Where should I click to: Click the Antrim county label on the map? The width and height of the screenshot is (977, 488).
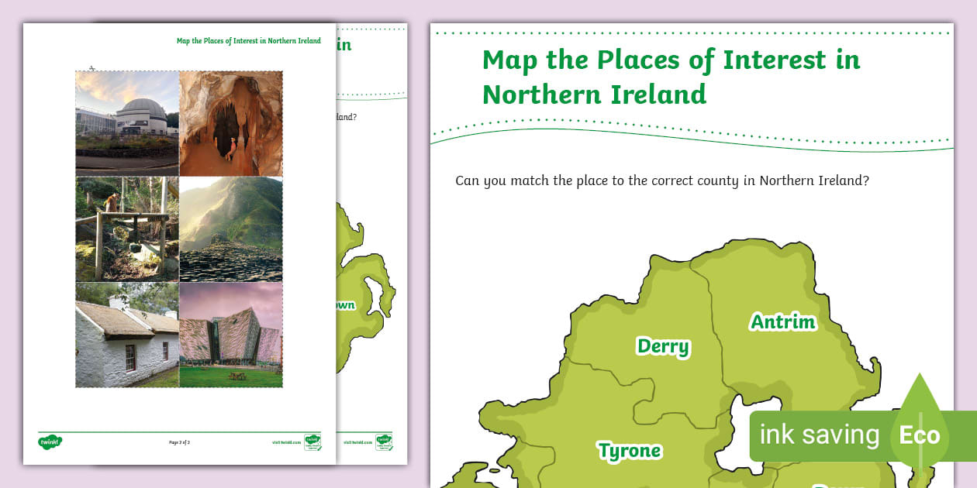pos(783,321)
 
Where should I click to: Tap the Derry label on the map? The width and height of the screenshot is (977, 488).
pos(663,346)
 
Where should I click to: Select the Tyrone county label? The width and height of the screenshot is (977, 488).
pos(629,450)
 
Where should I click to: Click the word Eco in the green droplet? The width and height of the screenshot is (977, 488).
pos(920,435)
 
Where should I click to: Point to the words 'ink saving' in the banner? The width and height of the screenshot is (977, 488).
pos(819,435)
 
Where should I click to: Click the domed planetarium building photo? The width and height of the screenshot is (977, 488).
pos(128,122)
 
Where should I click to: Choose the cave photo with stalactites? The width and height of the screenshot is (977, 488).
pos(231,122)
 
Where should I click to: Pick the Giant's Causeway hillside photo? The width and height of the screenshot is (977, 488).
pos(231,229)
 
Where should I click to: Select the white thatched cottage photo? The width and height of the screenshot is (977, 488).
pos(128,335)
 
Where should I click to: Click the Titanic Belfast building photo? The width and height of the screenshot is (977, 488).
pos(231,335)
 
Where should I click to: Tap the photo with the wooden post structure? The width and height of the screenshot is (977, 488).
pos(128,229)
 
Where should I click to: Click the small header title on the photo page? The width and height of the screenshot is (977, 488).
pos(248,41)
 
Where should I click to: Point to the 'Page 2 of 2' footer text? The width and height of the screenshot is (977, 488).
pos(179,442)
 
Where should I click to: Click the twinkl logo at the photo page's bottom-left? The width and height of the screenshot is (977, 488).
pos(50,442)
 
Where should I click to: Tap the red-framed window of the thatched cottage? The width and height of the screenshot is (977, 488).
pos(130,357)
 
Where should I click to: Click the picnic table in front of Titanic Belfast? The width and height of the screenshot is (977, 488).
pos(237,376)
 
